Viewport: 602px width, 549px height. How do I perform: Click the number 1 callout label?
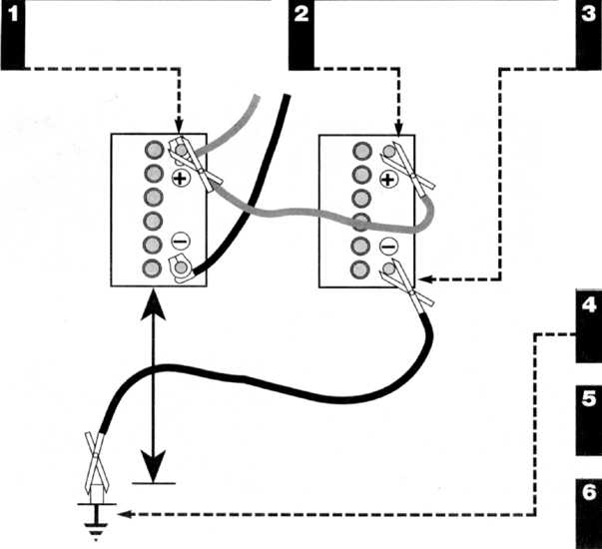(13, 15)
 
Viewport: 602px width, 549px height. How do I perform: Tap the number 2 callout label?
(301, 15)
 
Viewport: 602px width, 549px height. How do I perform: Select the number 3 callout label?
(588, 15)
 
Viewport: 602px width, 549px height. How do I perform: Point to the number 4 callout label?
(589, 304)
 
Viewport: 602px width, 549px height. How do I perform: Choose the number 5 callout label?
(589, 399)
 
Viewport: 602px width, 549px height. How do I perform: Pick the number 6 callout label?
(589, 492)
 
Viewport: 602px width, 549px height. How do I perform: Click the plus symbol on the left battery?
(181, 178)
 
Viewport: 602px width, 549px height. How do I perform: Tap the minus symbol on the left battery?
(180, 242)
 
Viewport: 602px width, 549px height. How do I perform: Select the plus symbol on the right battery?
(389, 180)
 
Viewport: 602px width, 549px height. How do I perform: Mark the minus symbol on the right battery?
(389, 246)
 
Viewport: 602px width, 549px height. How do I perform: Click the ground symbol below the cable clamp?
(96, 522)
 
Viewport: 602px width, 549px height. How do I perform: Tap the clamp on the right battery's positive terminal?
(407, 169)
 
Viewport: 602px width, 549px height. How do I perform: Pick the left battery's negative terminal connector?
(182, 269)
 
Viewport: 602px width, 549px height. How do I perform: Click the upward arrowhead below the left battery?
(153, 305)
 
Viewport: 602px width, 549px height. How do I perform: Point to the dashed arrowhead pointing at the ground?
(125, 514)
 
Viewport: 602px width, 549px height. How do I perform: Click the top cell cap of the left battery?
(155, 150)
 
